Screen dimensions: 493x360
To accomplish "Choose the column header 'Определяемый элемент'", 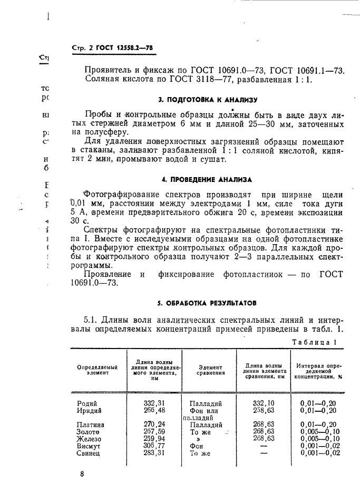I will pos(97,369).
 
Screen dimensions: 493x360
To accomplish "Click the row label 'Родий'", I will pos(86,403).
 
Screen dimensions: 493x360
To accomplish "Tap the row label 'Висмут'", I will pos(89,446).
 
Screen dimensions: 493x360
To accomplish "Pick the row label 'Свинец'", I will pos(89,453).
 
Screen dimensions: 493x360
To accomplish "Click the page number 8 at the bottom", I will pos(82,474).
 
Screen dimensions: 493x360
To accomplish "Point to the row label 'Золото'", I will pos(89,431).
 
